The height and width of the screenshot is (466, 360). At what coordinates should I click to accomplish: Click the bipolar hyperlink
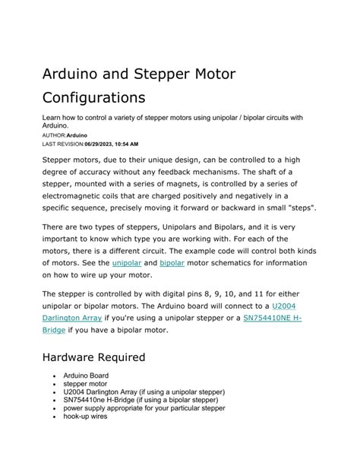coord(172,262)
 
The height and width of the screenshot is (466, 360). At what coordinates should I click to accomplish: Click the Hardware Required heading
coord(93,357)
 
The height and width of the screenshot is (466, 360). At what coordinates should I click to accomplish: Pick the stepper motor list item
coord(84,384)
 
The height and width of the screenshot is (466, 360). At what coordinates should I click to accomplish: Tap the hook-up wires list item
coord(85,417)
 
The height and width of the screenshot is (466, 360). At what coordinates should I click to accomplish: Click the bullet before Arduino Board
coord(54,376)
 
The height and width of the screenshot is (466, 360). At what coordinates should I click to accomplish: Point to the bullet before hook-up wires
coord(54,417)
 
